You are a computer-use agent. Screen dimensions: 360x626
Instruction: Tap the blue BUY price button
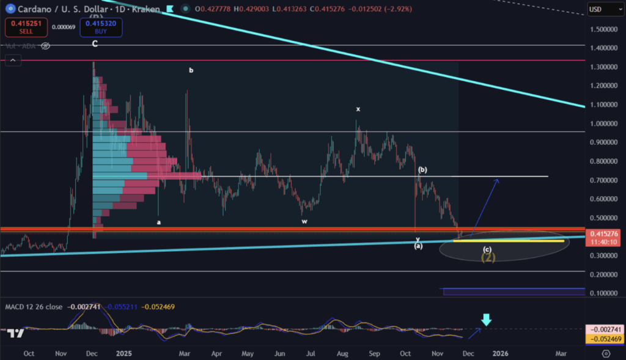point(100,28)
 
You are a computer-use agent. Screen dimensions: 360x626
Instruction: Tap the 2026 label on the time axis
point(500,353)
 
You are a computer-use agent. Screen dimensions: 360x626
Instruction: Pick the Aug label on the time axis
point(343,353)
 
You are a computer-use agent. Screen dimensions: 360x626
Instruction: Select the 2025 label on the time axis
point(124,353)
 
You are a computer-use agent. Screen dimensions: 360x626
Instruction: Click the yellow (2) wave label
point(488,257)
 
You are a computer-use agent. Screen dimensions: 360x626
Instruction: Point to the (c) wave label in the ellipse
point(487,249)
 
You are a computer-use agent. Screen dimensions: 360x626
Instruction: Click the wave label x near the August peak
point(358,109)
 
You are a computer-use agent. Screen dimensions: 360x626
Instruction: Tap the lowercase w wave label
point(304,221)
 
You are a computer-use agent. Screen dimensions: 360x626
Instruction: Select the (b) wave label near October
point(422,169)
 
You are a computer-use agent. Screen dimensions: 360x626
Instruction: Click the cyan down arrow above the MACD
point(486,320)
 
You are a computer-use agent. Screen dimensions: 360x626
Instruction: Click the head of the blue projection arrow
point(498,180)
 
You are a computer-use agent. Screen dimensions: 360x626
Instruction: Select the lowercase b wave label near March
point(191,70)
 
